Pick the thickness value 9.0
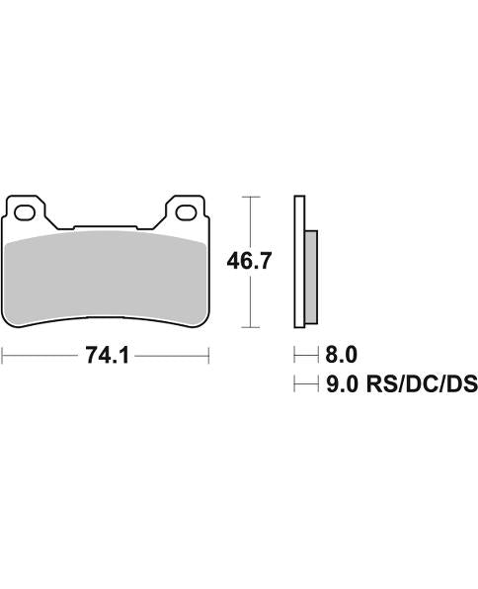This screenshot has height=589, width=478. pyautogui.click(x=341, y=384)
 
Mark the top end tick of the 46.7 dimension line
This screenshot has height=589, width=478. pyautogui.click(x=254, y=198)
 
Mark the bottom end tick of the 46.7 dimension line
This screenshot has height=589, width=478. pyautogui.click(x=254, y=327)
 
